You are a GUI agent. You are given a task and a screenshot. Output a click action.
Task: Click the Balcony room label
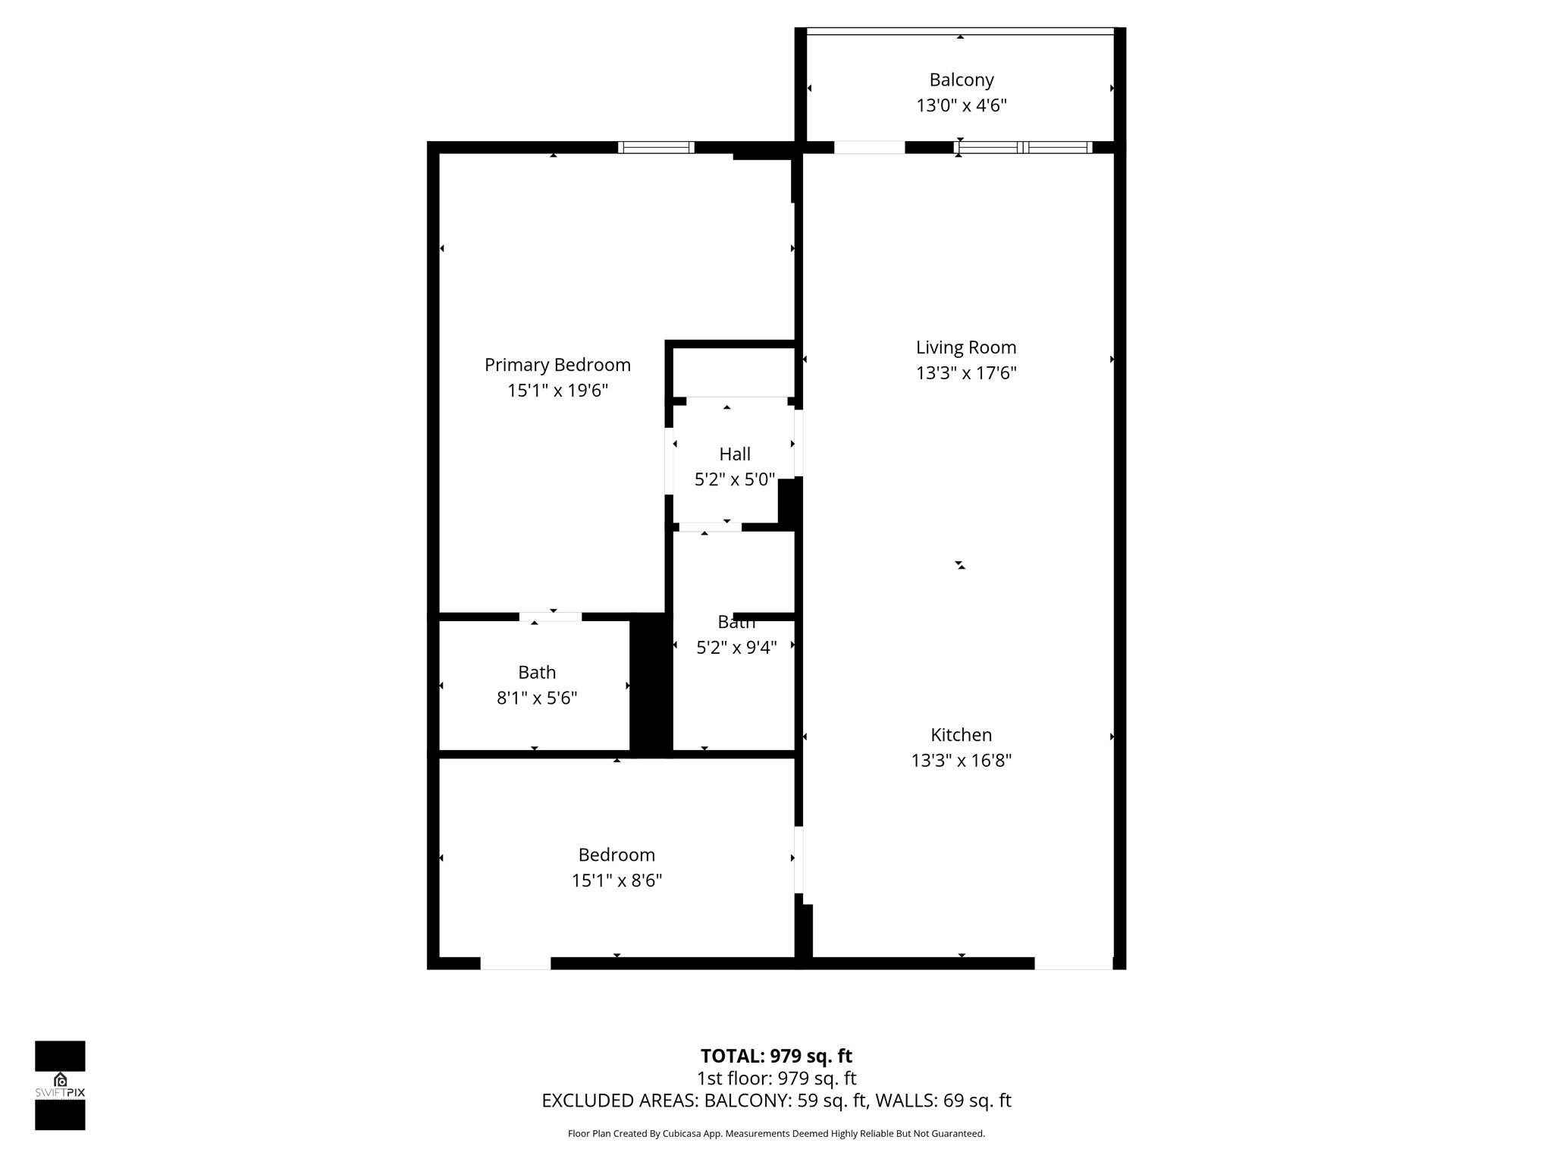961,80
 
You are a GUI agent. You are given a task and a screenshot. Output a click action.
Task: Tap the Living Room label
965,347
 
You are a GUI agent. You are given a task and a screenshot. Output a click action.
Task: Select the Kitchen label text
961,735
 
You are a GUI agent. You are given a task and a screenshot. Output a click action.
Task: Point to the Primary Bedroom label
557,365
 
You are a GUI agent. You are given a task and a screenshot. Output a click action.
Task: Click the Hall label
734,454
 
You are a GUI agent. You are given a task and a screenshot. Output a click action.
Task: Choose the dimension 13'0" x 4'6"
961,105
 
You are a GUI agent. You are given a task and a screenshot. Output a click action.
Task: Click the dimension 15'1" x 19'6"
557,391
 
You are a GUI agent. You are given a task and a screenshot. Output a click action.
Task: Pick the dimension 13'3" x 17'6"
965,373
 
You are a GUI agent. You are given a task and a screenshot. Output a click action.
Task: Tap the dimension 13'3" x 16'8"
961,761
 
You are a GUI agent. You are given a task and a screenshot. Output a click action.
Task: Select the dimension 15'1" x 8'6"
616,881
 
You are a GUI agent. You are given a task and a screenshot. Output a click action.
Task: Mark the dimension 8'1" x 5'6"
537,698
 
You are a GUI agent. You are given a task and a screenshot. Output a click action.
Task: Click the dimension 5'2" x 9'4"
736,648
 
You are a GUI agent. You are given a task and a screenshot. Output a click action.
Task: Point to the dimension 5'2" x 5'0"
734,479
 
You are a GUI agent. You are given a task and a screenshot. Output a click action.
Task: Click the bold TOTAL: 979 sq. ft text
776,1056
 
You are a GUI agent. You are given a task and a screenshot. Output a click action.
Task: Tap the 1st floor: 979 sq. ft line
776,1078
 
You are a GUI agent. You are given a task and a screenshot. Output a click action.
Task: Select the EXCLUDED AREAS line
776,1101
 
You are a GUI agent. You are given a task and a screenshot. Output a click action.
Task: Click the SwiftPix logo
60,1085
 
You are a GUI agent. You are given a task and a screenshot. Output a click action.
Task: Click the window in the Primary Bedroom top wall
656,147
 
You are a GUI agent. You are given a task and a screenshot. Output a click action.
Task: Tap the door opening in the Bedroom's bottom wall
516,963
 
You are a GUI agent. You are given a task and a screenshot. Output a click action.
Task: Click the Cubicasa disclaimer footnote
776,1134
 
